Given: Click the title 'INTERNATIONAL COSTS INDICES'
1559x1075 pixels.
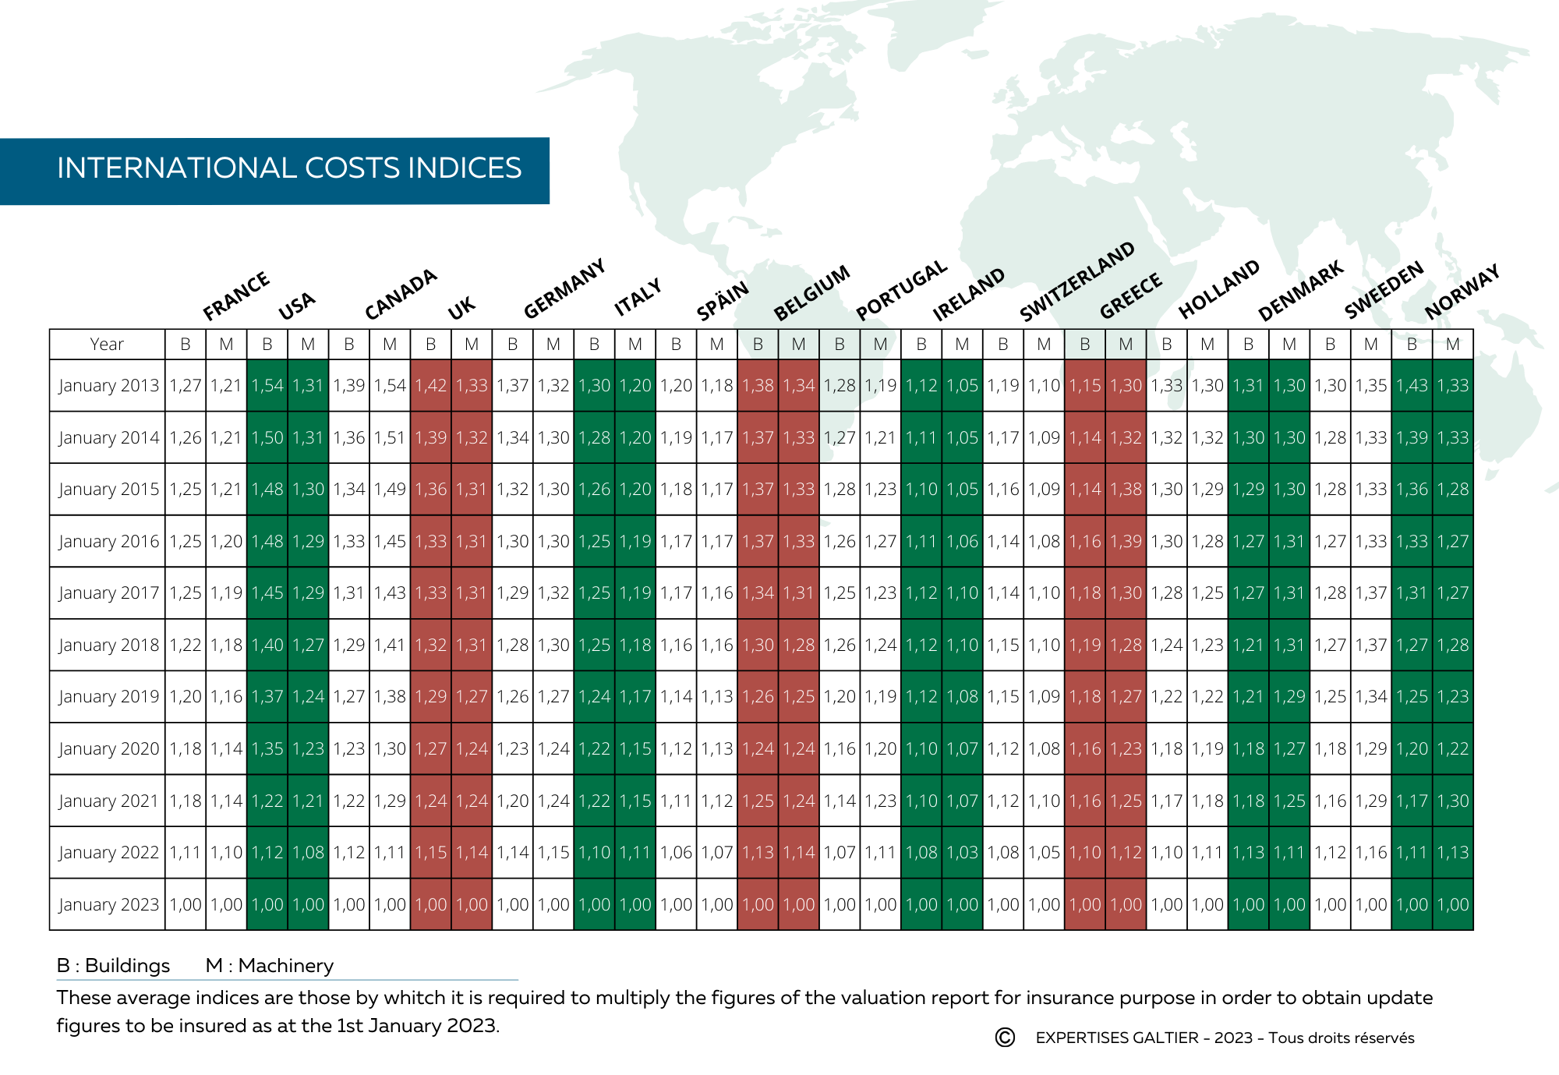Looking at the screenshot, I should point(289,168).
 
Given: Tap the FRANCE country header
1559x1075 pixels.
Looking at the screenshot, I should point(235,296).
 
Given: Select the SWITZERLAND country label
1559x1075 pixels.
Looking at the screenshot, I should point(1076,281).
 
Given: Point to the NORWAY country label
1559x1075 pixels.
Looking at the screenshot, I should point(1462,292).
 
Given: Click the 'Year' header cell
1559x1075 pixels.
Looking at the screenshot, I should point(107,345).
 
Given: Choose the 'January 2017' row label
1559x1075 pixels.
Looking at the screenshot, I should point(108,593).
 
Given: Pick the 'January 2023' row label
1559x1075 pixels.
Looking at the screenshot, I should point(108,905).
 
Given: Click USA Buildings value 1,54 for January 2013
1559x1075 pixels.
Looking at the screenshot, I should point(267,386).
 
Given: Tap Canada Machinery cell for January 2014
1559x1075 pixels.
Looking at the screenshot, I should point(390,438).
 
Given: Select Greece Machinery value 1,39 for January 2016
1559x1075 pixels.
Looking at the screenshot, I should point(1126,542).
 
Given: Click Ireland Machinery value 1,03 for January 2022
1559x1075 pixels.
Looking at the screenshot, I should point(962,853).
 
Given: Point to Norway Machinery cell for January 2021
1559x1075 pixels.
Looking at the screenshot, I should point(1453,801).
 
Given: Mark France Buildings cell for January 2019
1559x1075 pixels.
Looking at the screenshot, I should point(186,697).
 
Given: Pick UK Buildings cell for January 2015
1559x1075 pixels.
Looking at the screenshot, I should point(430,490).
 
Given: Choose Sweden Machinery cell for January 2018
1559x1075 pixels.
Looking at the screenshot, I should point(1371,645).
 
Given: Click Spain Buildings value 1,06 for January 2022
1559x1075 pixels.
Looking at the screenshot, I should point(676,853).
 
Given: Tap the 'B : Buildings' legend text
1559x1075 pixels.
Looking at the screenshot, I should point(113,966).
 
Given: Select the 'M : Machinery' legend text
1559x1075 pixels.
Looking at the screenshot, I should point(270,966).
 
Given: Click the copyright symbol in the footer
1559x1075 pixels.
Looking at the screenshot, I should point(1005,1038).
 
